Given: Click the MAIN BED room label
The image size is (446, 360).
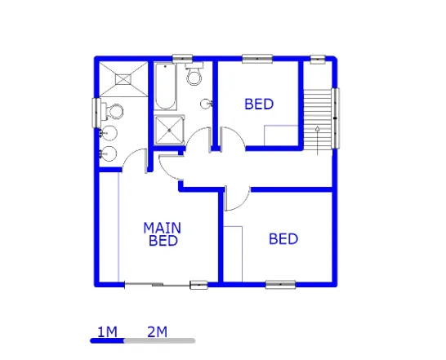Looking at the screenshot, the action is (x=162, y=234).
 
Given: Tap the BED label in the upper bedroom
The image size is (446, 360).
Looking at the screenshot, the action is (x=259, y=104).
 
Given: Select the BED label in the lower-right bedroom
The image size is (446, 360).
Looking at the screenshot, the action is (x=283, y=239).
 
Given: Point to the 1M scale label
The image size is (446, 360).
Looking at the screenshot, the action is (x=107, y=332).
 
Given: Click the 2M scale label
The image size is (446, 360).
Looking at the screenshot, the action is (x=158, y=332).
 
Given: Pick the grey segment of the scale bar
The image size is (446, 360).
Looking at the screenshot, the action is (x=160, y=340).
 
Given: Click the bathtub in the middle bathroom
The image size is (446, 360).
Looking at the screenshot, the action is (x=165, y=87).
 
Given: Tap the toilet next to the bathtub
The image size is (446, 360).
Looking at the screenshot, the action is (x=194, y=74).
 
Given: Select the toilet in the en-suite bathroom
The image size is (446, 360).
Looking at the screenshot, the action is (x=113, y=112).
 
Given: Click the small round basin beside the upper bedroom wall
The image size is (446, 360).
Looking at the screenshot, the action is (x=206, y=104).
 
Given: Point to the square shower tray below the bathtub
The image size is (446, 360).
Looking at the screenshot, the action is (x=170, y=130).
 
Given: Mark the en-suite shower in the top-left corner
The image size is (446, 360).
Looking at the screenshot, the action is (x=123, y=78).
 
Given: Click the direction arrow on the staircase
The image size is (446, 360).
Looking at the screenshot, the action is (x=318, y=140).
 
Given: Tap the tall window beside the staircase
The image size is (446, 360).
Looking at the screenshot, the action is (x=336, y=118).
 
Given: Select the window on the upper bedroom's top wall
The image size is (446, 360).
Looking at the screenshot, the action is (x=257, y=59).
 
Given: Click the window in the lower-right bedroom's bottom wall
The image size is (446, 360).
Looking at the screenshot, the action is (x=280, y=284).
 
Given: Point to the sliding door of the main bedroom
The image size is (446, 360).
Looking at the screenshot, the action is (x=158, y=284).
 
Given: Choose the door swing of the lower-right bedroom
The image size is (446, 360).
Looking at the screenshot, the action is (x=237, y=199).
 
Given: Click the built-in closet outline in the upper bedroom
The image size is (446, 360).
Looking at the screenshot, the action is (x=281, y=136).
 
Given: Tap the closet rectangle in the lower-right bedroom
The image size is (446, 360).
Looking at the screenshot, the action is (x=233, y=254).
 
